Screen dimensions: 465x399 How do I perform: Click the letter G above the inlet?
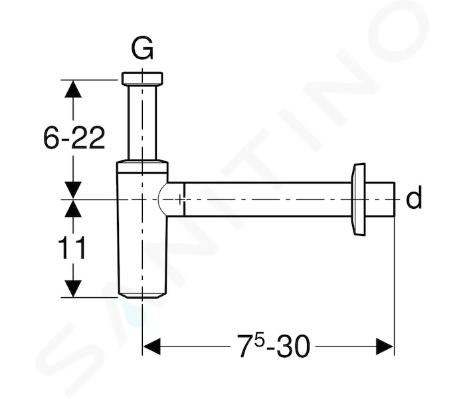(x=142, y=49)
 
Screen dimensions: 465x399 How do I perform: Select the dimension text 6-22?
(x=74, y=138)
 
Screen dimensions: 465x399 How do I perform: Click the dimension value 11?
(x=72, y=248)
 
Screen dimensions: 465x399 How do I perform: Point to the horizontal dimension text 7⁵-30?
(x=274, y=346)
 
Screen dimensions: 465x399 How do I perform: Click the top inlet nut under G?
(x=142, y=78)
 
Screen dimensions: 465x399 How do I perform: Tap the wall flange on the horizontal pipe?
(x=358, y=199)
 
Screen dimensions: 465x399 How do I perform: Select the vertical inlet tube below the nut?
(x=142, y=122)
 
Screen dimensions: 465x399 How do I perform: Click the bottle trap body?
(x=142, y=229)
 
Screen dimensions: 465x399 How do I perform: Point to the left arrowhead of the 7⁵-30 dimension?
(x=151, y=346)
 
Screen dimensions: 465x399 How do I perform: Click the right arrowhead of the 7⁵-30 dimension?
(x=385, y=346)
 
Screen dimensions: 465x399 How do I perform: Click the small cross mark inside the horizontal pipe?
(x=180, y=199)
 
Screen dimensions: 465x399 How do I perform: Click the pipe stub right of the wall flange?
(x=380, y=199)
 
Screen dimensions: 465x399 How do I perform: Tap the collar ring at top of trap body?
(x=142, y=166)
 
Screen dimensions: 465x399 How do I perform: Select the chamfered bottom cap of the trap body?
(x=142, y=295)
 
